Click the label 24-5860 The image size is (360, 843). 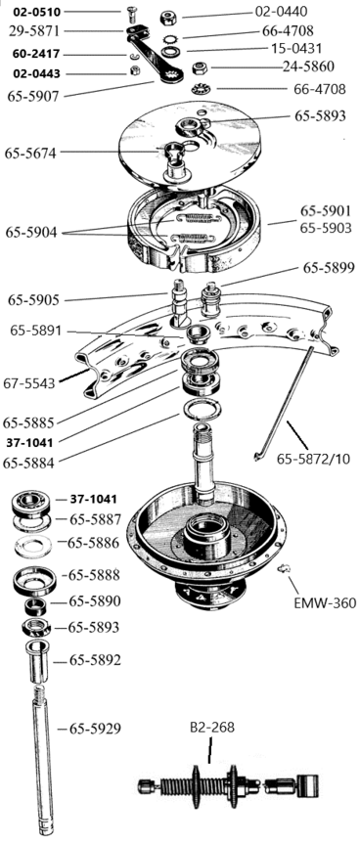[x=308, y=67]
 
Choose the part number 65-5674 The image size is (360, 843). [x=31, y=153]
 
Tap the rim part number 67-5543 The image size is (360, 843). [x=29, y=383]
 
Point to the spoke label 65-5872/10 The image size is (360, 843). [x=313, y=459]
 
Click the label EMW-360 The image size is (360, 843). [x=325, y=602]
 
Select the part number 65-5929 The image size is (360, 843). [x=95, y=729]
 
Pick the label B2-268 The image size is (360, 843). [x=212, y=728]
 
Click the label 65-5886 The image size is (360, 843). [x=93, y=543]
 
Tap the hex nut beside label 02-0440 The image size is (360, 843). [x=169, y=19]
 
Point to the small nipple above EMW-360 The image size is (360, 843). [x=281, y=568]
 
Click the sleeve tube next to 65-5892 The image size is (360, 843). [x=38, y=661]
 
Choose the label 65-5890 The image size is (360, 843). [x=95, y=600]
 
